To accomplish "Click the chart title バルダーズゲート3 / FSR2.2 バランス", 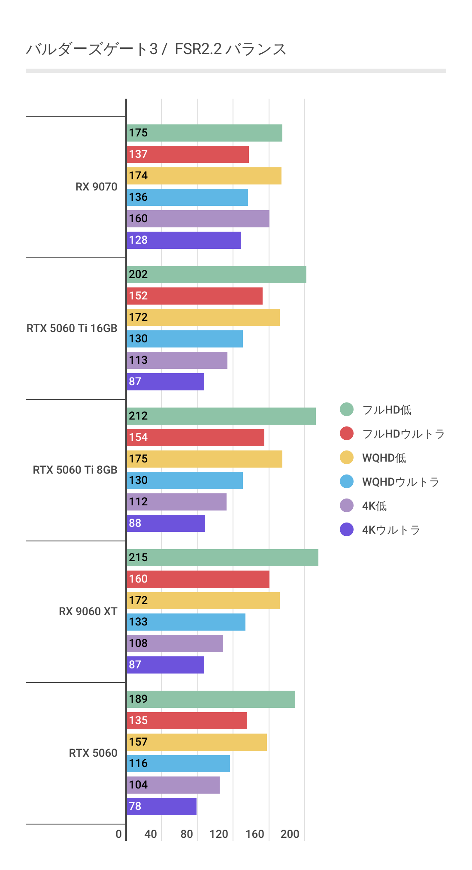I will click(156, 49).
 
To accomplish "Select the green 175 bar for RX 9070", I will click(204, 133).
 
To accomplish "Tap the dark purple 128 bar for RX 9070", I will click(184, 240).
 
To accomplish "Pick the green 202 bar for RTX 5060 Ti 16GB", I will click(216, 275).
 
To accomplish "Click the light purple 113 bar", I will click(177, 360).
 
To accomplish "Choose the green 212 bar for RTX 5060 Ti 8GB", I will click(221, 416).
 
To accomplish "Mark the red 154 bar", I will click(195, 438).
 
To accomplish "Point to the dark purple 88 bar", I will click(166, 523).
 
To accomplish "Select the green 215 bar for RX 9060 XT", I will click(222, 558).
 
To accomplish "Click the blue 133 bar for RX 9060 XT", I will click(186, 622).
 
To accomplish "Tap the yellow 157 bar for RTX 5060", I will click(197, 742).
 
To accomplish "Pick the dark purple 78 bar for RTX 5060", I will click(161, 807).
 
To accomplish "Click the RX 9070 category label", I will click(96, 187).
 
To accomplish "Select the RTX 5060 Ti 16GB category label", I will click(72, 329).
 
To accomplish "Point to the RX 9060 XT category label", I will click(88, 612).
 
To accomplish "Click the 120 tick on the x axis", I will click(219, 834).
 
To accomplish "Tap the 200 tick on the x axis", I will click(290, 834).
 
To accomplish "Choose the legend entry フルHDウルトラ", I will click(403, 434).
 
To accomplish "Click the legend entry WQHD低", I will click(384, 458).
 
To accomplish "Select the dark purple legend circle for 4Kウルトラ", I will click(347, 530).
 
